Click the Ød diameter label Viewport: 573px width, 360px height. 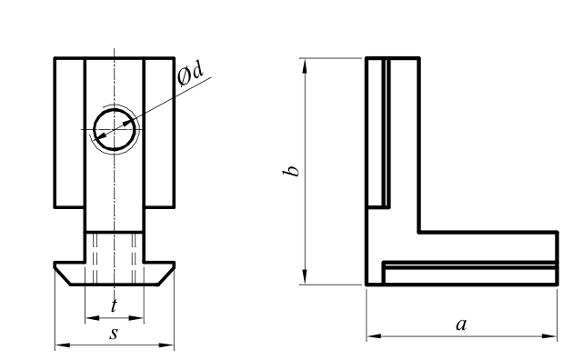coord(190,73)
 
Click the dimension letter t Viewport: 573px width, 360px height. coord(114,305)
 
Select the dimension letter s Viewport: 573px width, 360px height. coord(114,334)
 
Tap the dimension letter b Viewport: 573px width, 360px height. coord(291,171)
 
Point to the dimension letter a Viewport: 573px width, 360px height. coord(461,325)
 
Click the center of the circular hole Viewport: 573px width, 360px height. coord(115,129)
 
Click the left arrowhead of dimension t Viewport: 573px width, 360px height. coord(92,318)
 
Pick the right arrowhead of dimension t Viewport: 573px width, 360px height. coord(136,318)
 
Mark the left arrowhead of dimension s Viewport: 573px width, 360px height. coord(62,345)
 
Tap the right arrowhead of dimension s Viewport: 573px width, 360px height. coord(167,345)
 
